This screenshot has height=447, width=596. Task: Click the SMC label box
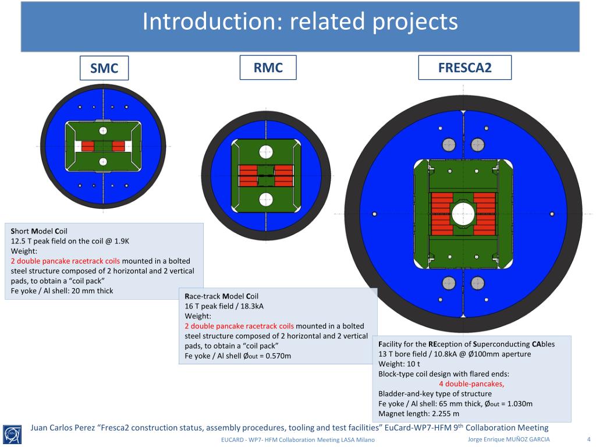[104, 68]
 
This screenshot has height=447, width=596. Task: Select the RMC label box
[268, 68]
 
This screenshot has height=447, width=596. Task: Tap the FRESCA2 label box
[464, 68]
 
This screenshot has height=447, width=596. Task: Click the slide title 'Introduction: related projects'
[300, 22]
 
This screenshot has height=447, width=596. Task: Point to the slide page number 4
[588, 439]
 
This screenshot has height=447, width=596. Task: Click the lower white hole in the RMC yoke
[266, 199]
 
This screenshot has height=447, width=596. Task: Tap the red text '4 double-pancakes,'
[471, 384]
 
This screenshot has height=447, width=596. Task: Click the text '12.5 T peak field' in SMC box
[41, 240]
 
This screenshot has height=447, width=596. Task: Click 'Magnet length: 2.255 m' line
[418, 414]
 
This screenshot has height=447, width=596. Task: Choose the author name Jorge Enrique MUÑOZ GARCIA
[509, 439]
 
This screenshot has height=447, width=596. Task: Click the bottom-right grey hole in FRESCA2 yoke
[478, 283]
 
